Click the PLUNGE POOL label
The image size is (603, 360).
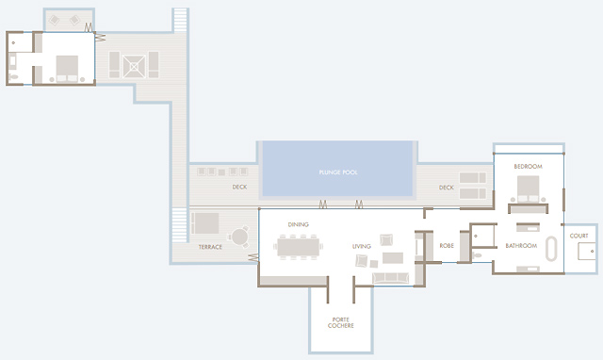point(338,172)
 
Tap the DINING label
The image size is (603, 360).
point(298,224)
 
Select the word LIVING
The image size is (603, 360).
point(362,246)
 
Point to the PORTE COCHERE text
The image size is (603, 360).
point(341,322)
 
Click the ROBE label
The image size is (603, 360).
point(447,245)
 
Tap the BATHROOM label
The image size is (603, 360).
point(521,245)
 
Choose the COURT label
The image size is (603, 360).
point(579,236)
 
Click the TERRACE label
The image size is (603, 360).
point(210,247)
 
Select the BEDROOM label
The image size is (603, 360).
point(528,166)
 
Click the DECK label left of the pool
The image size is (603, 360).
point(239,187)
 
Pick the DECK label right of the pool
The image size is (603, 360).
point(446,188)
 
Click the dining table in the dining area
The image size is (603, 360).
point(298,247)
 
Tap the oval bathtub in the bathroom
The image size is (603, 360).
point(551,249)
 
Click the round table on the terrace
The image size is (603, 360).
point(239,237)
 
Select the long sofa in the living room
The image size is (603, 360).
point(390,278)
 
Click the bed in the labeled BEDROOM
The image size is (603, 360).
point(528,188)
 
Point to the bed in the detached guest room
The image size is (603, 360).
point(67,69)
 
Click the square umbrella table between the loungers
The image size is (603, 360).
point(134,67)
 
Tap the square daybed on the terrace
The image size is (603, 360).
point(205,223)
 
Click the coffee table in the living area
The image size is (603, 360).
point(393,257)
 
